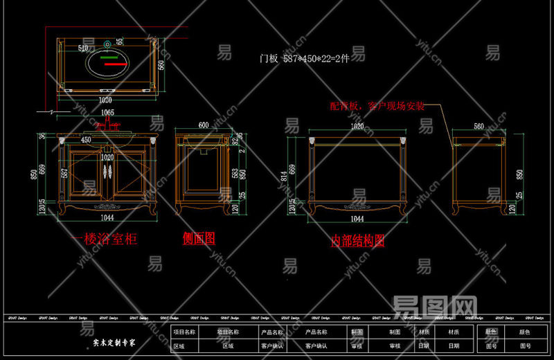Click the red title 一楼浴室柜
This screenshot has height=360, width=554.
pos(106,240)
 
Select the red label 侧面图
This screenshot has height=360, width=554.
pos(199,238)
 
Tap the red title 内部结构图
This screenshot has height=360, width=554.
pos(357,240)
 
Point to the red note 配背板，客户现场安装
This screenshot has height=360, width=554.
pos(377,107)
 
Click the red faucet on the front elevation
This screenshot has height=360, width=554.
pos(107,127)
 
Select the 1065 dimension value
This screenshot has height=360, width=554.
pos(107,112)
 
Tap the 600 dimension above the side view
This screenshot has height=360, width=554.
pos(204,125)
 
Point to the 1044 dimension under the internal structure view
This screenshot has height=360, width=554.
pos(357,219)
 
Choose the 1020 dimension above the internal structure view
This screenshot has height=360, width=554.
pos(357,127)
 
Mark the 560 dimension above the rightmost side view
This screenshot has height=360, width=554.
pos(479,127)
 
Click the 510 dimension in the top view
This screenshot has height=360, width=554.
pos(84,48)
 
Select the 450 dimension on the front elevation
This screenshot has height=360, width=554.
pos(87,140)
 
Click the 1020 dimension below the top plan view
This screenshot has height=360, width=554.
pos(105,99)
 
